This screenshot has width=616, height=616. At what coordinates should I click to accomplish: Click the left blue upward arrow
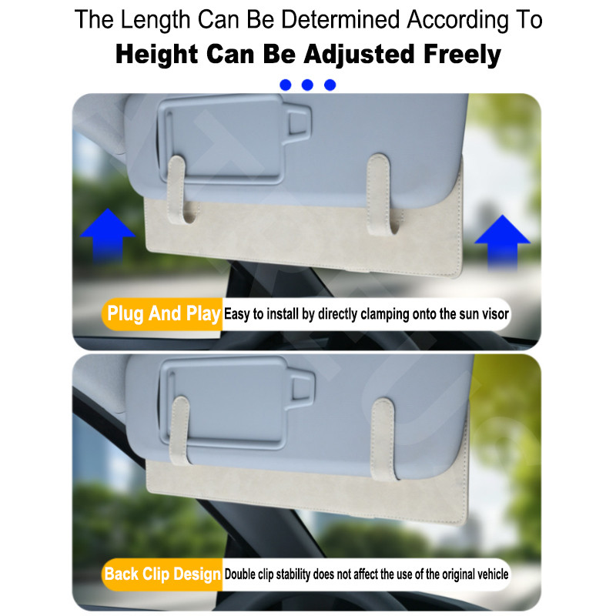[107, 235]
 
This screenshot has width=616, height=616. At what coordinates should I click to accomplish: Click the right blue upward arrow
[503, 243]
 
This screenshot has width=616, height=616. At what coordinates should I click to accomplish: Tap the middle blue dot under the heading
[307, 85]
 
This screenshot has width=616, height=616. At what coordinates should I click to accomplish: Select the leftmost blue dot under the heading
[285, 85]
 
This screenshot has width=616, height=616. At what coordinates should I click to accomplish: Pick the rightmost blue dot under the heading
[330, 85]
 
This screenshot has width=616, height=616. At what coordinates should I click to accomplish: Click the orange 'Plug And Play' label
[162, 314]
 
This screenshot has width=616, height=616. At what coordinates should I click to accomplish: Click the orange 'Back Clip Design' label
[162, 574]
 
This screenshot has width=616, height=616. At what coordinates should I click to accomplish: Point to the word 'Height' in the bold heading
[156, 54]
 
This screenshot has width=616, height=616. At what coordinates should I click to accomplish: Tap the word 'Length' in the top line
[156, 20]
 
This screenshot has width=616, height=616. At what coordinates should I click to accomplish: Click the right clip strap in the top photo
[380, 194]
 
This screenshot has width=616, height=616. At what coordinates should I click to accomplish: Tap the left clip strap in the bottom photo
[180, 430]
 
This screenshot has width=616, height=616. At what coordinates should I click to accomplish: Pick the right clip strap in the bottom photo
[383, 439]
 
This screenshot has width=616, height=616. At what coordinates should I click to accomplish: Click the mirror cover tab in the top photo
[296, 121]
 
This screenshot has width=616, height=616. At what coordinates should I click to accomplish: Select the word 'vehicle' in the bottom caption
[493, 574]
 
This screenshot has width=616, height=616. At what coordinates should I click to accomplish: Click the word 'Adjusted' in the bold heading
[359, 54]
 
